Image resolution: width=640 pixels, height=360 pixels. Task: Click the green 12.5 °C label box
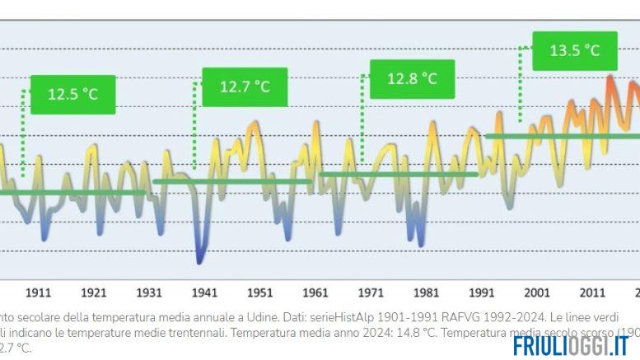click(x=72, y=94)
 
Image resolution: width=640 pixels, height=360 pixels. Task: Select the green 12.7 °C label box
click(x=245, y=86)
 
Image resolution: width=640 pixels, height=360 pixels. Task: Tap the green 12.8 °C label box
click(x=412, y=79)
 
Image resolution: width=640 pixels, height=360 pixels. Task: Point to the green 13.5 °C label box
click(x=574, y=50)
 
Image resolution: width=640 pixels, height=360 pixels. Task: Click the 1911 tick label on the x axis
click(x=39, y=292)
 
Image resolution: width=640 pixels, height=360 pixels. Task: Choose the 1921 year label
click(x=94, y=292)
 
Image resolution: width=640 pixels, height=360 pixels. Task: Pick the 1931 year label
click(x=149, y=292)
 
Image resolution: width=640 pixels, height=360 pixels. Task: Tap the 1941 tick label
click(x=204, y=292)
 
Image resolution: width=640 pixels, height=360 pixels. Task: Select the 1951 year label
click(x=259, y=292)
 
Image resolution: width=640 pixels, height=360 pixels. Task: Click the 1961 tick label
click(x=315, y=292)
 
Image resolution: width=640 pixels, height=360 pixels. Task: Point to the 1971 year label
click(x=371, y=292)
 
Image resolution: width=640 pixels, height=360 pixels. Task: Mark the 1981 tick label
click(x=426, y=292)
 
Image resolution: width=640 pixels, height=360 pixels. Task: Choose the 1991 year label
click(x=481, y=292)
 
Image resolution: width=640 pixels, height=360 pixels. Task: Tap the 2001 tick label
click(x=536, y=292)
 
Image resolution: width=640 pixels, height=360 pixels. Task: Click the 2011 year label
click(x=591, y=292)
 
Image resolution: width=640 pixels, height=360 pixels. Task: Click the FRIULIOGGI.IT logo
click(x=570, y=346)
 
